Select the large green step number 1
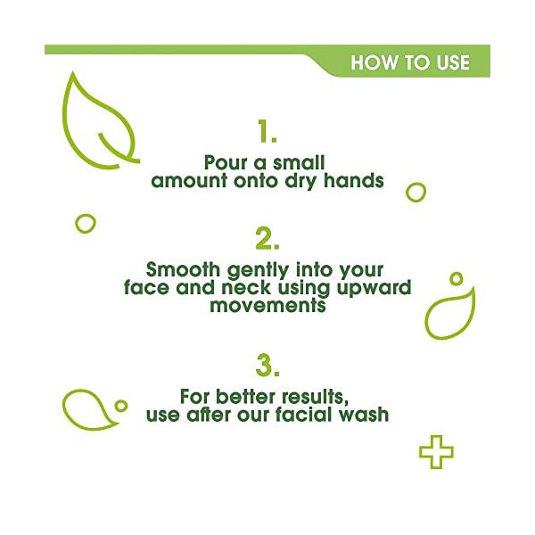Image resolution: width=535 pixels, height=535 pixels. point(267,133)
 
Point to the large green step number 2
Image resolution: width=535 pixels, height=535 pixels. point(267,238)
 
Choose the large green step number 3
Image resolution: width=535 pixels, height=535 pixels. point(267,366)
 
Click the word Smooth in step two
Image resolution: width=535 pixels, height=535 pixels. point(178,268)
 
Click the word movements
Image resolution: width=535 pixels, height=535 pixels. point(267,305)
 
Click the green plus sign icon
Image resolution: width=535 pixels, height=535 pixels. point(436,451)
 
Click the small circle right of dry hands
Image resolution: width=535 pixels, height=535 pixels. point(416,191)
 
